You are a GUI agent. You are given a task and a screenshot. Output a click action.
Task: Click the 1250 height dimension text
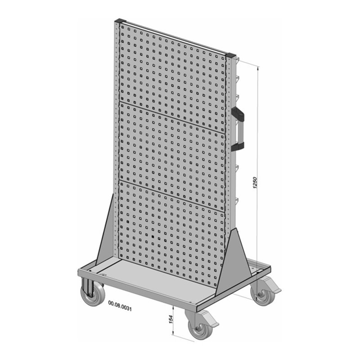pyautogui.click(x=255, y=182)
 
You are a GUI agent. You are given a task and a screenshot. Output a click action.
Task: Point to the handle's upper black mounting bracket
pyautogui.click(x=239, y=114)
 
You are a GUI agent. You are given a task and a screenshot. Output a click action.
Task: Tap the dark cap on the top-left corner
pyautogui.click(x=119, y=21)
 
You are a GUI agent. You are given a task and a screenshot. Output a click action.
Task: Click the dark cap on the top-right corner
pyautogui.click(x=231, y=56)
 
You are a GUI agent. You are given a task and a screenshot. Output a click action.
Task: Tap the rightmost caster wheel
pyautogui.click(x=262, y=295)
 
